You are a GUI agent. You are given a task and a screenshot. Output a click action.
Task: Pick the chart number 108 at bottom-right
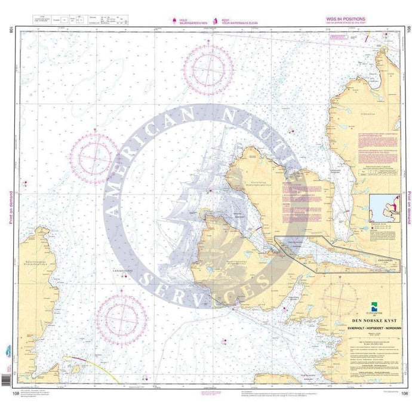tap(405, 393)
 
